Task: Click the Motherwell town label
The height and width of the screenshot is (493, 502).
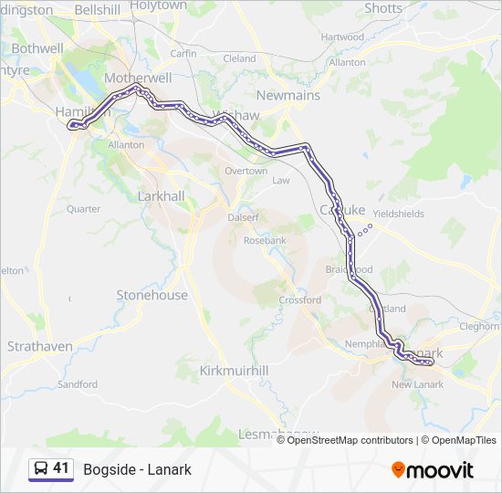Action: (138, 78)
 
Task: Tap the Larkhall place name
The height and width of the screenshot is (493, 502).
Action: (161, 196)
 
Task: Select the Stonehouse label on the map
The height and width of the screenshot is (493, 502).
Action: (152, 295)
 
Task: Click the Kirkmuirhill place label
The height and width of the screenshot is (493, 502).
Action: (234, 370)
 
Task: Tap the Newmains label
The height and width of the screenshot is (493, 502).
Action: (288, 95)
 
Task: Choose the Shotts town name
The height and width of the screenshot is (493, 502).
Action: (382, 8)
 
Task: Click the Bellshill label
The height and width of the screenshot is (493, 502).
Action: (97, 9)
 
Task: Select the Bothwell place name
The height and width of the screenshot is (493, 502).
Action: (38, 48)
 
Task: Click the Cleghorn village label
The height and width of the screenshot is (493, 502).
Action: (480, 325)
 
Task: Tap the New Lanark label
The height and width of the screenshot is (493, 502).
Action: (417, 384)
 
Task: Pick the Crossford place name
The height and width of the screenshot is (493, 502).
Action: (299, 299)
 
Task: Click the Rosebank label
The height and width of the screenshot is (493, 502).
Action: (265, 240)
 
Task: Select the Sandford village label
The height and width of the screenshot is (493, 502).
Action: (78, 384)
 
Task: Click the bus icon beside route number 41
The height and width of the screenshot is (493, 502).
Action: (41, 468)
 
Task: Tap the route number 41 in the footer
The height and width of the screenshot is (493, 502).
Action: (61, 468)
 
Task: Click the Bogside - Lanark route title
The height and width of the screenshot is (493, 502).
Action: (137, 469)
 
